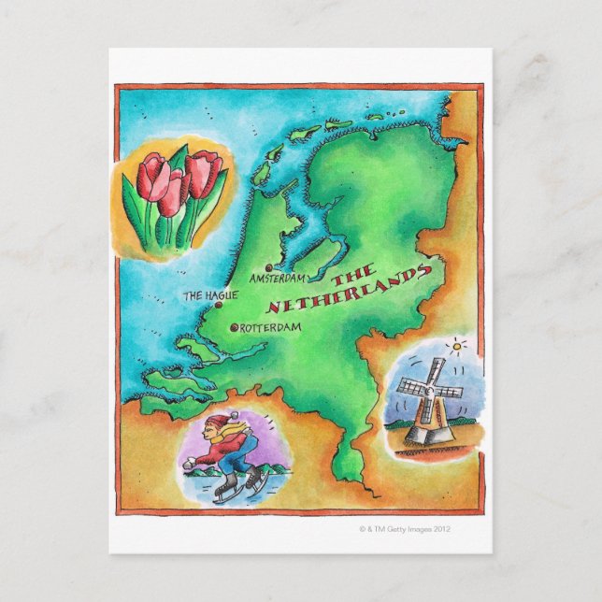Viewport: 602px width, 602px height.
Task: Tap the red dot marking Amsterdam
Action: (269, 267)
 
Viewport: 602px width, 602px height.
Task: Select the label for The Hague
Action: (209, 295)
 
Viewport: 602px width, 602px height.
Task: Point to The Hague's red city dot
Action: (218, 305)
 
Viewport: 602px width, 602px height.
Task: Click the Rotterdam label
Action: (272, 327)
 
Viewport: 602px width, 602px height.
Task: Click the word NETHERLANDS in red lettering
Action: (349, 288)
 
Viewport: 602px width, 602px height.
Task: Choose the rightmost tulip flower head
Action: (205, 171)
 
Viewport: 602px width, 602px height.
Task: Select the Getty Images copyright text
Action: (405, 528)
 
